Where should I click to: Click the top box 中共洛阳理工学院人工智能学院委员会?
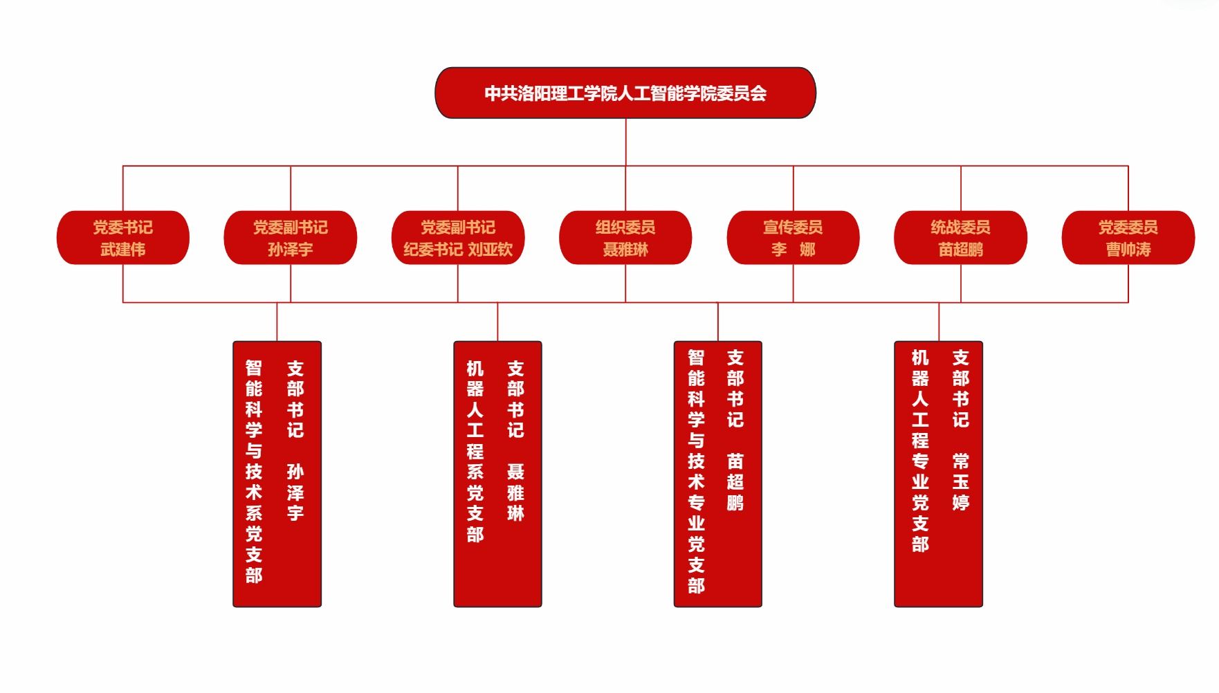pyautogui.click(x=625, y=93)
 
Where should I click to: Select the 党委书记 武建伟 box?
pyautogui.click(x=122, y=237)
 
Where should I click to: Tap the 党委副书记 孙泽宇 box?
pyautogui.click(x=290, y=237)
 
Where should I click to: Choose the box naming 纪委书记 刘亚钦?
pyautogui.click(x=457, y=237)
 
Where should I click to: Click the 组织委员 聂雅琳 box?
pyautogui.click(x=625, y=237)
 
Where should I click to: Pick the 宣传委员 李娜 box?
pyautogui.click(x=793, y=237)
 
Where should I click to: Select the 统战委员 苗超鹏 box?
pyautogui.click(x=960, y=237)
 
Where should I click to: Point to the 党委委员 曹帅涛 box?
pyautogui.click(x=1128, y=237)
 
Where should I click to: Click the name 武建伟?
pyautogui.click(x=122, y=249)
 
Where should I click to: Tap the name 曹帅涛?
pyautogui.click(x=1128, y=249)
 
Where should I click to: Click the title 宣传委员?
pyautogui.click(x=793, y=227)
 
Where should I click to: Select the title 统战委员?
pyautogui.click(x=960, y=227)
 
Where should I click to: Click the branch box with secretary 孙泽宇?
pyautogui.click(x=277, y=474)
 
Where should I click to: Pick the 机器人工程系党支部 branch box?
pyautogui.click(x=497, y=474)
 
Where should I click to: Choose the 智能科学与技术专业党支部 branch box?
pyautogui.click(x=717, y=474)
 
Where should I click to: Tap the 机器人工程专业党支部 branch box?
pyautogui.click(x=938, y=474)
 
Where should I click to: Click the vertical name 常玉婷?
pyautogui.click(x=960, y=481)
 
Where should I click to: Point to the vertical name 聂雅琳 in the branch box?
pyautogui.click(x=515, y=492)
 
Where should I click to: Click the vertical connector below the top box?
pyautogui.click(x=625, y=142)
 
